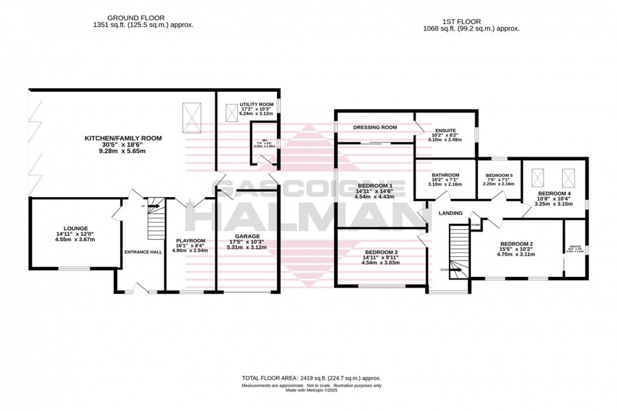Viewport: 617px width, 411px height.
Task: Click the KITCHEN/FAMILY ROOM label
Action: [123, 138]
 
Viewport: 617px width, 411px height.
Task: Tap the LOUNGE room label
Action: [76, 228]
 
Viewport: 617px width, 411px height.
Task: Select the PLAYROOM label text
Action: [190, 240]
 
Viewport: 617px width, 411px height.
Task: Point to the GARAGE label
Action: [246, 236]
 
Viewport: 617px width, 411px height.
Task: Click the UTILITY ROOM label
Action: [256, 103]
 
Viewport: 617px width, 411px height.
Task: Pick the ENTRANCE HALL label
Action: [144, 252]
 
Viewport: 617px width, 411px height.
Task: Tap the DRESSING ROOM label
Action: [375, 127]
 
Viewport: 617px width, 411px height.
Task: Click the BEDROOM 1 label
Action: [375, 186]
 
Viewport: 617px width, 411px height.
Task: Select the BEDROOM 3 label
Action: [380, 251]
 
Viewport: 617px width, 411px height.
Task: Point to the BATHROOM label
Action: [445, 175]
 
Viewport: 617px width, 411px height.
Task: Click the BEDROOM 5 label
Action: [499, 175]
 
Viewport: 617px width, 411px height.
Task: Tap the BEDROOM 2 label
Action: [516, 244]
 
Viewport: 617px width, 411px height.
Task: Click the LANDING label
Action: [451, 213]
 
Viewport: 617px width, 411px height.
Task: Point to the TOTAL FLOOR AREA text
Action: [312, 378]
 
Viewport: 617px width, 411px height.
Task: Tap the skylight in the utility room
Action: [231, 112]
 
